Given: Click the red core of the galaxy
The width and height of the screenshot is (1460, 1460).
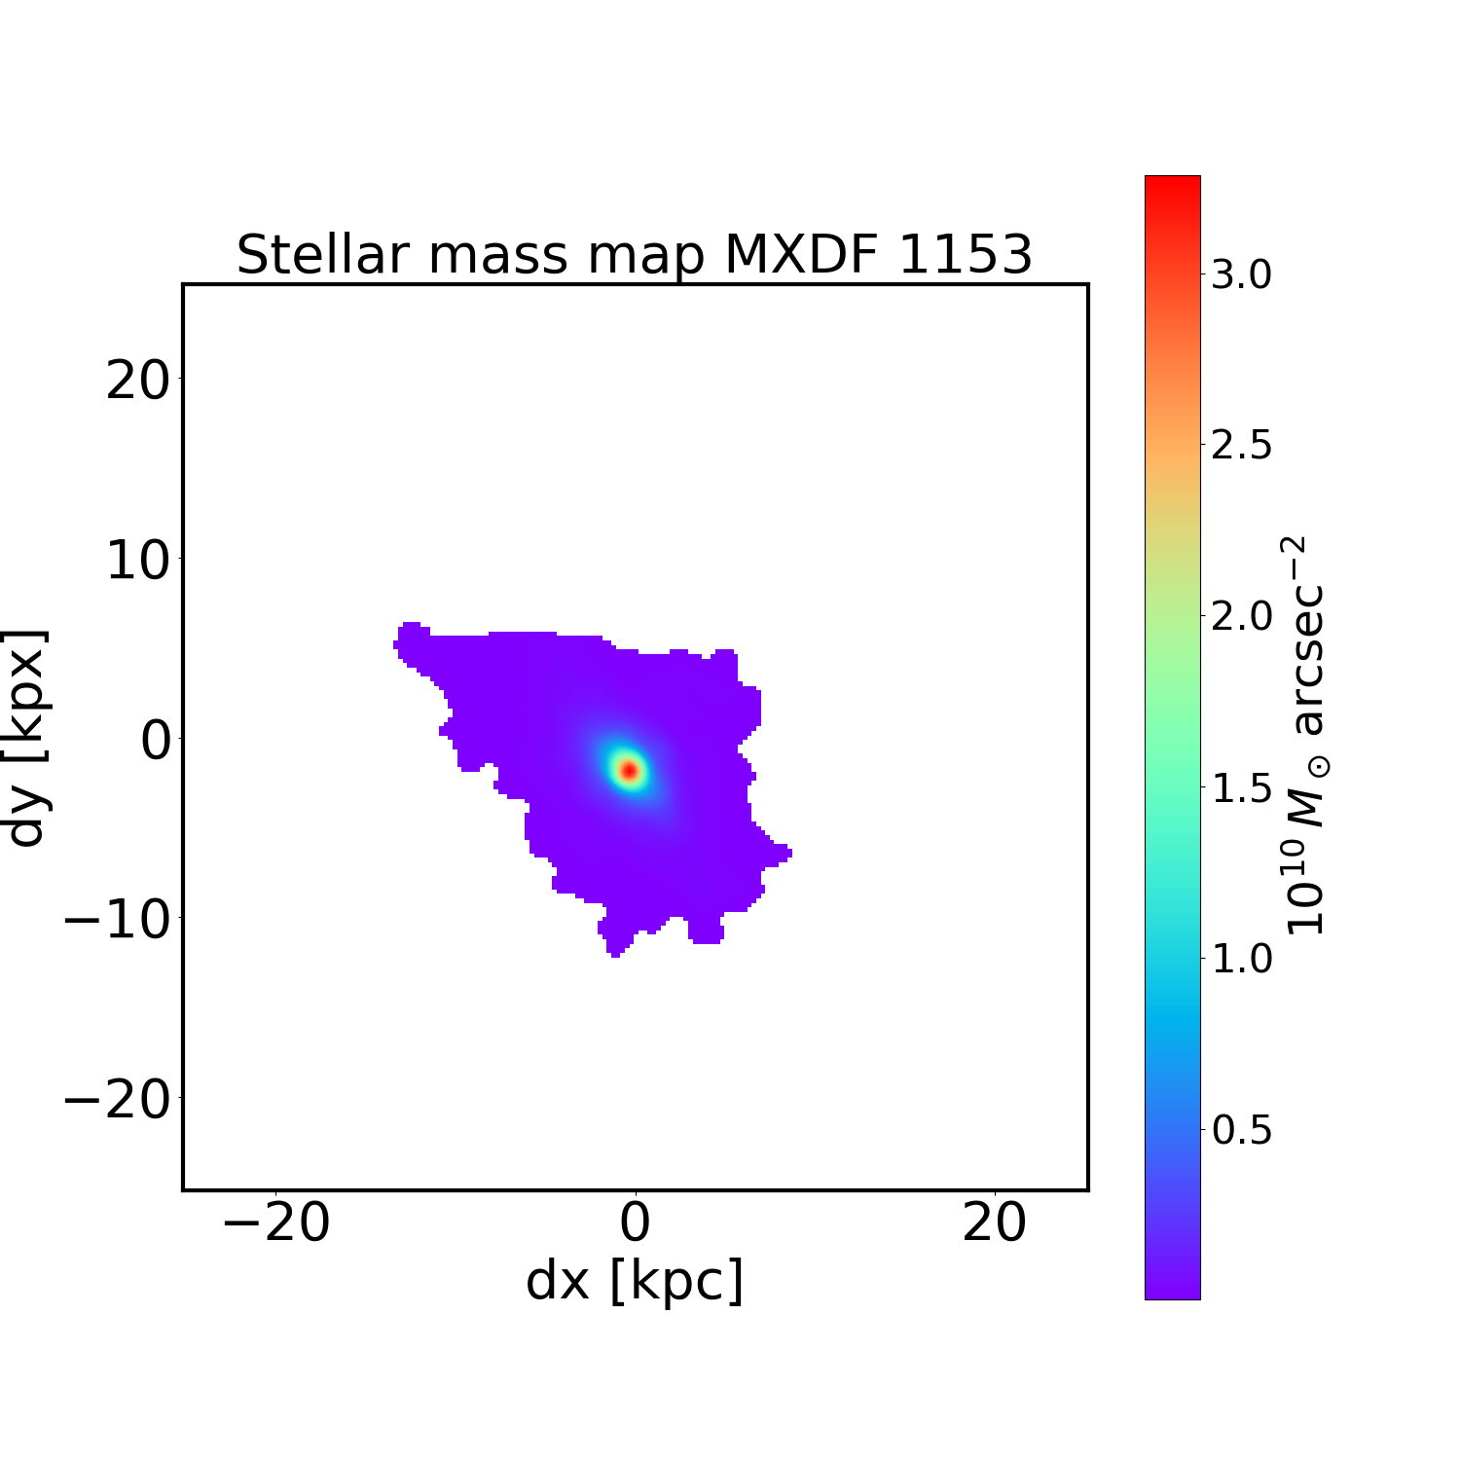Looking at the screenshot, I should click(x=629, y=770).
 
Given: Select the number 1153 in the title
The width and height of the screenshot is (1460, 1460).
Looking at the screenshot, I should click(x=964, y=255).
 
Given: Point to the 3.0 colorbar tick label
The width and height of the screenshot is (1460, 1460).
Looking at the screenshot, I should click(x=1241, y=275).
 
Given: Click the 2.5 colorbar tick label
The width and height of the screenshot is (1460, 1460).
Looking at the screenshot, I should click(x=1241, y=446).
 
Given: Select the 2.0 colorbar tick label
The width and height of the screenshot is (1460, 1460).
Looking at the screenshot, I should click(x=1241, y=617).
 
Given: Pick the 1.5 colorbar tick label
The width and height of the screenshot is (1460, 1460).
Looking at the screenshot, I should click(x=1241, y=788).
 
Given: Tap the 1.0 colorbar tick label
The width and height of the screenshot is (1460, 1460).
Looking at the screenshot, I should click(x=1241, y=959).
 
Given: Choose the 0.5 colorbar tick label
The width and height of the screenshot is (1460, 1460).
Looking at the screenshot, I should click(x=1241, y=1130).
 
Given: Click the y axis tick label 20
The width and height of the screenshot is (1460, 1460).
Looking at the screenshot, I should click(x=137, y=381).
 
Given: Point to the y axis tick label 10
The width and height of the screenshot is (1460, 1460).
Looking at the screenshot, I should click(x=137, y=561).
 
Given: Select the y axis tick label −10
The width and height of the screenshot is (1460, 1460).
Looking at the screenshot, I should click(x=117, y=920).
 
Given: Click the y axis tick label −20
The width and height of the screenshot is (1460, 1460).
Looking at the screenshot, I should click(x=117, y=1100).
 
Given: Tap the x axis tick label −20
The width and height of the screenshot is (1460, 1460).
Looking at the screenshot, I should click(x=276, y=1223).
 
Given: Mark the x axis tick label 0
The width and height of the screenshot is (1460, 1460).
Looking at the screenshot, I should click(x=635, y=1223).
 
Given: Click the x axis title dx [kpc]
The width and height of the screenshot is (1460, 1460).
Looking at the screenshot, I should click(x=635, y=1281).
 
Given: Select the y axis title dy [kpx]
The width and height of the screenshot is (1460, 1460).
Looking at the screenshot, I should click(x=27, y=738).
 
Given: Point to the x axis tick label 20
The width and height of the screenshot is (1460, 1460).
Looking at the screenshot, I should click(x=994, y=1223).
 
